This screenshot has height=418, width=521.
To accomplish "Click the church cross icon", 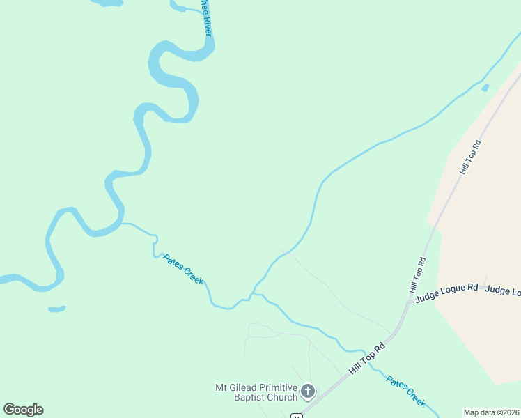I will pyautogui.click(x=308, y=393).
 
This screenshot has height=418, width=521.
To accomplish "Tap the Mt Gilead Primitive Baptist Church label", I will pyautogui.click(x=256, y=392).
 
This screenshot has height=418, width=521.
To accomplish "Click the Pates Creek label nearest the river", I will pyautogui.click(x=183, y=269).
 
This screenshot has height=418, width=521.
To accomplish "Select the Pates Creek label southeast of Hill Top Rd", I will pyautogui.click(x=406, y=391).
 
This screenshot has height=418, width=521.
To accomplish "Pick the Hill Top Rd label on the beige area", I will pyautogui.click(x=471, y=157).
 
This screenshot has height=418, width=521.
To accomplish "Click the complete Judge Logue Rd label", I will pyautogui.click(x=446, y=292).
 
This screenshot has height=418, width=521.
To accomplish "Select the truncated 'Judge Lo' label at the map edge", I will pyautogui.click(x=502, y=291).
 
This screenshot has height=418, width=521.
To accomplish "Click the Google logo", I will pyautogui.click(x=23, y=410).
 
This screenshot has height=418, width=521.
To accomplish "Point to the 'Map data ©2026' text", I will pyautogui.click(x=492, y=412).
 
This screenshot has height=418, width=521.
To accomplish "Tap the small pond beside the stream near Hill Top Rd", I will pyautogui.click(x=485, y=88).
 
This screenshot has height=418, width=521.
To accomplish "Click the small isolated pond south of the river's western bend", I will pyautogui.click(x=57, y=308).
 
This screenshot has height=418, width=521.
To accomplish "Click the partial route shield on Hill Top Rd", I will pyautogui.click(x=297, y=415).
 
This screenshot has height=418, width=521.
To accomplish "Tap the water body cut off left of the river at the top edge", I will pyautogui.click(x=107, y=3).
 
